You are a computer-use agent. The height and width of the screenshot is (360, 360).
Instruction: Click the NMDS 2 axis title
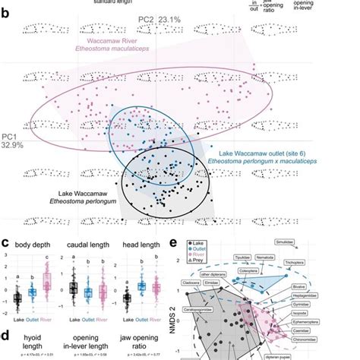point(180,319)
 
